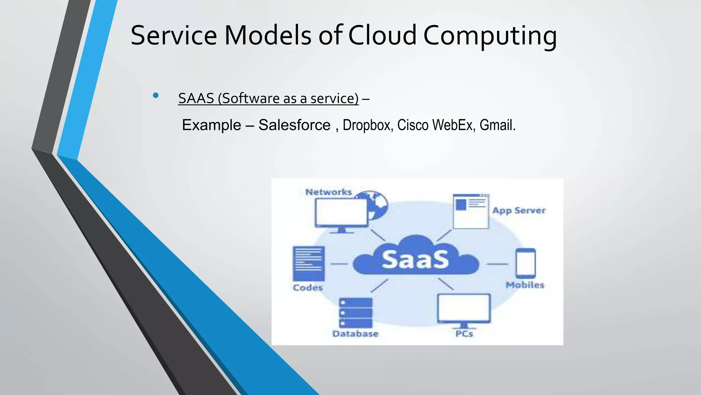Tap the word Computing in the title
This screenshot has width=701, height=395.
click(x=490, y=36)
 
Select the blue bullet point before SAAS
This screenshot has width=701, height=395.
click(x=156, y=96)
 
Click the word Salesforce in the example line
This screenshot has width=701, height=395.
click(x=294, y=125)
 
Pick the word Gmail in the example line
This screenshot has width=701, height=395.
click(x=497, y=125)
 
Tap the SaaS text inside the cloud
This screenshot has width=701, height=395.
click(x=415, y=260)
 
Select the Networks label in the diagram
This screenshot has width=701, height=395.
click(x=329, y=192)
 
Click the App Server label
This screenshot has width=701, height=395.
click(x=519, y=211)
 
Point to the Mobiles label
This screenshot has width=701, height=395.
click(x=525, y=285)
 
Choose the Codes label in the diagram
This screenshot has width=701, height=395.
click(x=308, y=288)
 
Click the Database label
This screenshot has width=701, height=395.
click(x=355, y=334)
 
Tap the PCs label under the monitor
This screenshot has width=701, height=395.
click(x=464, y=334)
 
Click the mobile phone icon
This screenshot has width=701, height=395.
click(x=526, y=263)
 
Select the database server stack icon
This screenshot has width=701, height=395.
click(x=355, y=313)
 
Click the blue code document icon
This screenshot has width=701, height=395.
click(x=309, y=263)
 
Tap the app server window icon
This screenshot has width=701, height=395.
click(x=471, y=211)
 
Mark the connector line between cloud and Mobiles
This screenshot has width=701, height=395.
click(x=497, y=264)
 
